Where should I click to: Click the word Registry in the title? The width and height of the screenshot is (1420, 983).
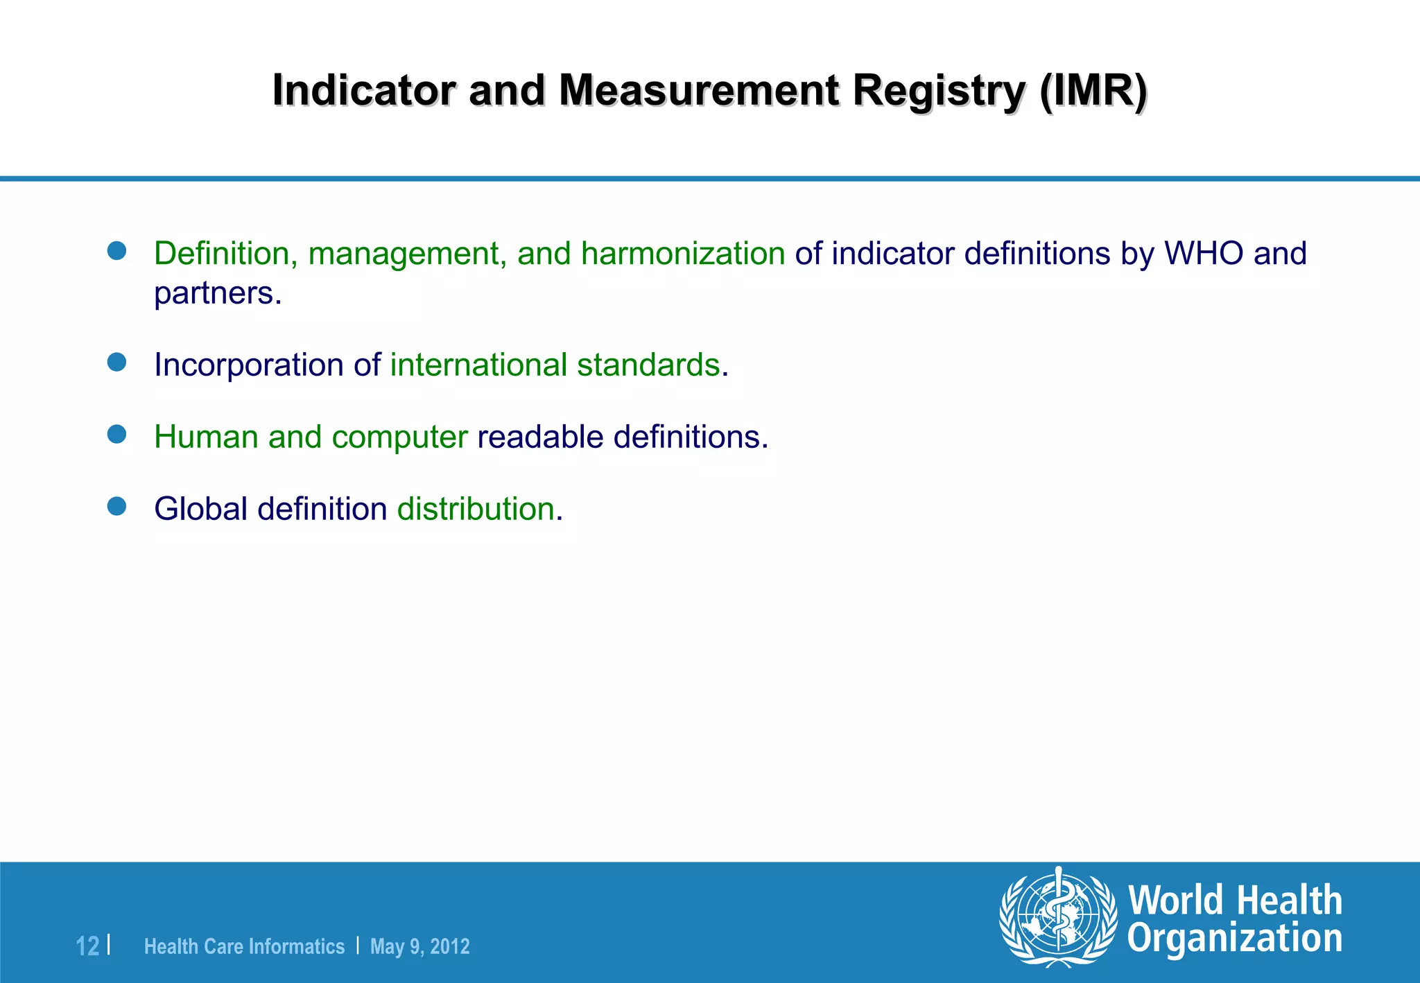pyautogui.click(x=938, y=91)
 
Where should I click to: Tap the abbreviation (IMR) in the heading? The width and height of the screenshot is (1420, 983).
pyautogui.click(x=1093, y=91)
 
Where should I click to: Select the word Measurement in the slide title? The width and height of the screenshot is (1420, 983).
pyautogui.click(x=698, y=91)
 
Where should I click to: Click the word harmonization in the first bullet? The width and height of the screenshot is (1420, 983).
pyautogui.click(x=682, y=254)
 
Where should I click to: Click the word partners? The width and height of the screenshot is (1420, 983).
pyautogui.click(x=217, y=293)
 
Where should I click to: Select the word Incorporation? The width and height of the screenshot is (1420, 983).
pyautogui.click(x=248, y=365)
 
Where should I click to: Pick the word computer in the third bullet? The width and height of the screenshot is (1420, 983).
pyautogui.click(x=400, y=437)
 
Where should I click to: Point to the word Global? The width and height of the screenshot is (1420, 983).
pyautogui.click(x=200, y=510)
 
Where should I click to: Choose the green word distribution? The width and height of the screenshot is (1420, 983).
pyautogui.click(x=476, y=510)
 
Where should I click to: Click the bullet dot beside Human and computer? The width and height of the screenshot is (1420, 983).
pyautogui.click(x=117, y=435)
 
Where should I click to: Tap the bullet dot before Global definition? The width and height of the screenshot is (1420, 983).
pyautogui.click(x=117, y=507)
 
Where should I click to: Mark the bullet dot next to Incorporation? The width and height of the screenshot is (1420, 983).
pyautogui.click(x=117, y=363)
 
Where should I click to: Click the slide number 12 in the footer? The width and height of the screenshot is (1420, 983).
pyautogui.click(x=87, y=946)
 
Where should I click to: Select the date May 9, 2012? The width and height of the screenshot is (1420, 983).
pyautogui.click(x=419, y=946)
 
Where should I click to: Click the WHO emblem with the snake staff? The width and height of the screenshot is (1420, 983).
pyautogui.click(x=1058, y=917)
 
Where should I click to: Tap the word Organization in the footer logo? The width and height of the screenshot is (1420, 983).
pyautogui.click(x=1234, y=939)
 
